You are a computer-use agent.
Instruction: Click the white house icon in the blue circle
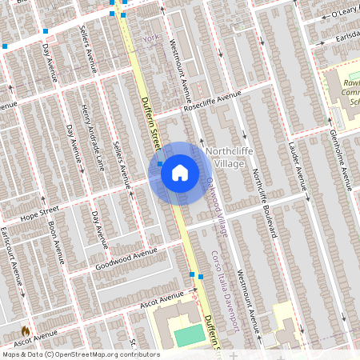click(x=180, y=173)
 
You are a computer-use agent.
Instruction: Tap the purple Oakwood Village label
click(x=217, y=206)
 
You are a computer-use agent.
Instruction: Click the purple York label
click(x=150, y=38)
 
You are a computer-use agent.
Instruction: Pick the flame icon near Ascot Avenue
click(x=25, y=330)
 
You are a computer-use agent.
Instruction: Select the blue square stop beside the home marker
click(x=161, y=163)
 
